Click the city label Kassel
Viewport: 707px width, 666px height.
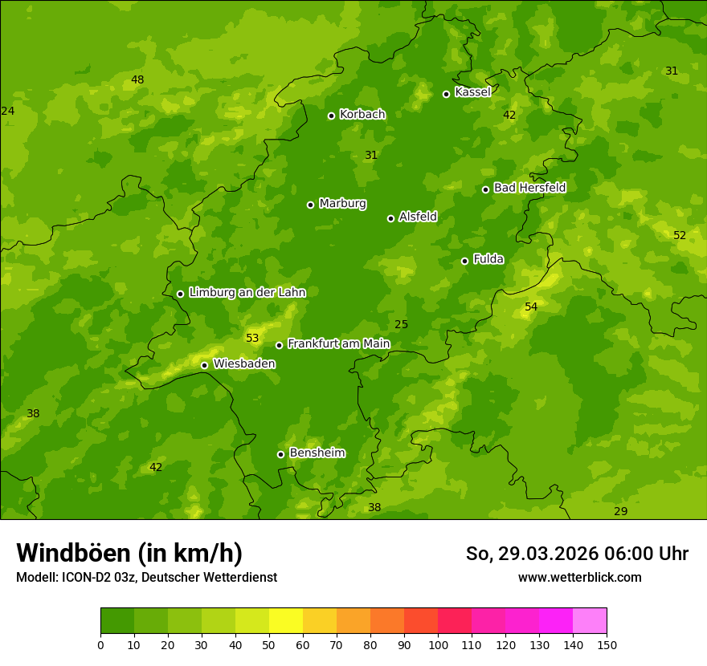(472, 92)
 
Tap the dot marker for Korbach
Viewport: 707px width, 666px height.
(331, 116)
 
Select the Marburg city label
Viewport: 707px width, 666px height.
(342, 204)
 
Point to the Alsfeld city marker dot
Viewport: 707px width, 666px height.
(391, 218)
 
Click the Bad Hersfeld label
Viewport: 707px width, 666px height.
(529, 188)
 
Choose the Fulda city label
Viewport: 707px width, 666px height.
(488, 259)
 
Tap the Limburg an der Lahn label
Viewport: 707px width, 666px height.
(247, 293)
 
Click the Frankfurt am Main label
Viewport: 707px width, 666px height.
(338, 344)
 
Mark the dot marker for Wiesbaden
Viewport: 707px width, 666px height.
(205, 365)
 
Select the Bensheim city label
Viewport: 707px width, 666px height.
(317, 453)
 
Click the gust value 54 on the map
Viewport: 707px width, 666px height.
(531, 307)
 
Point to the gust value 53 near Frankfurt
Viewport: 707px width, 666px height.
(252, 339)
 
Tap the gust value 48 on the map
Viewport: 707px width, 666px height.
(137, 79)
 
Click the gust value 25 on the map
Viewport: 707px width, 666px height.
(402, 325)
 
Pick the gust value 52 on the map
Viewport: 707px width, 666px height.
(680, 235)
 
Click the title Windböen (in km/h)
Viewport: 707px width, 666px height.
(129, 554)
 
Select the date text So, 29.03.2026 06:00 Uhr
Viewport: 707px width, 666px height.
(577, 554)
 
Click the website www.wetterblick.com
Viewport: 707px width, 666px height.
(579, 578)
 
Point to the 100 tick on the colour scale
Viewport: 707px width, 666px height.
(438, 644)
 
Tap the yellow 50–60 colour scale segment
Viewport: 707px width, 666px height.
(286, 621)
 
